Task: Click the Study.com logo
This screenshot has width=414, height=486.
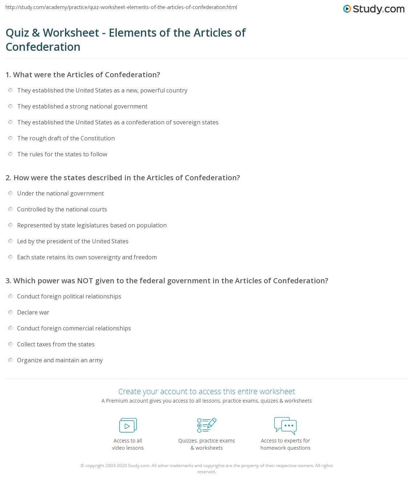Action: (x=374, y=9)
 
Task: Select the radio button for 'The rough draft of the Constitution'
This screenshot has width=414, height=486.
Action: (x=11, y=138)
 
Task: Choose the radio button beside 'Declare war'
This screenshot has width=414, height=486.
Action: (x=11, y=312)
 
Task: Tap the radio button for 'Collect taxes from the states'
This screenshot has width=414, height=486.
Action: (x=11, y=344)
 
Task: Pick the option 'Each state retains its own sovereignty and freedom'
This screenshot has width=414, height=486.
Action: (x=87, y=257)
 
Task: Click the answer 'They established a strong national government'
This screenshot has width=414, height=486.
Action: (x=82, y=106)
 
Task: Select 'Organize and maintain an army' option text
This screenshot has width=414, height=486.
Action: (x=60, y=360)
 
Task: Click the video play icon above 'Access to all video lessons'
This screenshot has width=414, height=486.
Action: (x=128, y=425)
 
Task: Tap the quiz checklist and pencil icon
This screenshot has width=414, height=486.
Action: (x=207, y=425)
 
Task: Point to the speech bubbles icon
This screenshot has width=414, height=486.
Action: (x=285, y=425)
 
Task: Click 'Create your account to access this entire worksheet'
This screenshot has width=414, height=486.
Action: (x=207, y=391)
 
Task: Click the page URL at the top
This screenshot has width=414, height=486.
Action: (x=121, y=7)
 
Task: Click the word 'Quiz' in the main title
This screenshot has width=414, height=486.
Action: (x=17, y=33)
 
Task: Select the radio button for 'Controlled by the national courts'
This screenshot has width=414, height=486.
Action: (x=11, y=209)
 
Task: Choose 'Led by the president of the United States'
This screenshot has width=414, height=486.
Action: (x=73, y=241)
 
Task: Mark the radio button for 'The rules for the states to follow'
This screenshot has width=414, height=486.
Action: (x=11, y=154)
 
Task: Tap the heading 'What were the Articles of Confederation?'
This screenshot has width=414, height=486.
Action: (x=86, y=75)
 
